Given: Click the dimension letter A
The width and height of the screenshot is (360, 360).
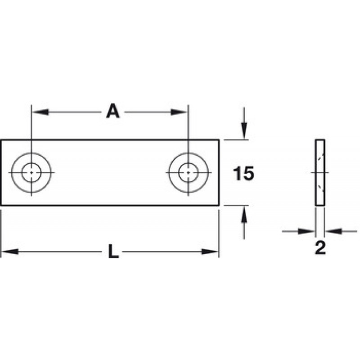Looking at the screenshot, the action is [113, 111].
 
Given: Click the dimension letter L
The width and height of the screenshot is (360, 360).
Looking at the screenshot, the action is [114, 252].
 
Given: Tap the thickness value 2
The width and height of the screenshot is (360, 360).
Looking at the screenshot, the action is [320, 248].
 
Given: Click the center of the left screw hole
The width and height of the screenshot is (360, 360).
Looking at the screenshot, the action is [31, 172].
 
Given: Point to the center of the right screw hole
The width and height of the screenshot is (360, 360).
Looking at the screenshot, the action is [188, 172].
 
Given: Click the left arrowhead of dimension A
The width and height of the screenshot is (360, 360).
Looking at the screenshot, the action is [40, 112].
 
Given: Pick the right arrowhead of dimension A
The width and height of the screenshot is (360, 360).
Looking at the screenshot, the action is [180, 112].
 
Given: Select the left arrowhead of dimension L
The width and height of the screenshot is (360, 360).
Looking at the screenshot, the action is [9, 252].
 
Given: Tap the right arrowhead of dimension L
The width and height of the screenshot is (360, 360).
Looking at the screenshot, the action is [210, 252].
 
